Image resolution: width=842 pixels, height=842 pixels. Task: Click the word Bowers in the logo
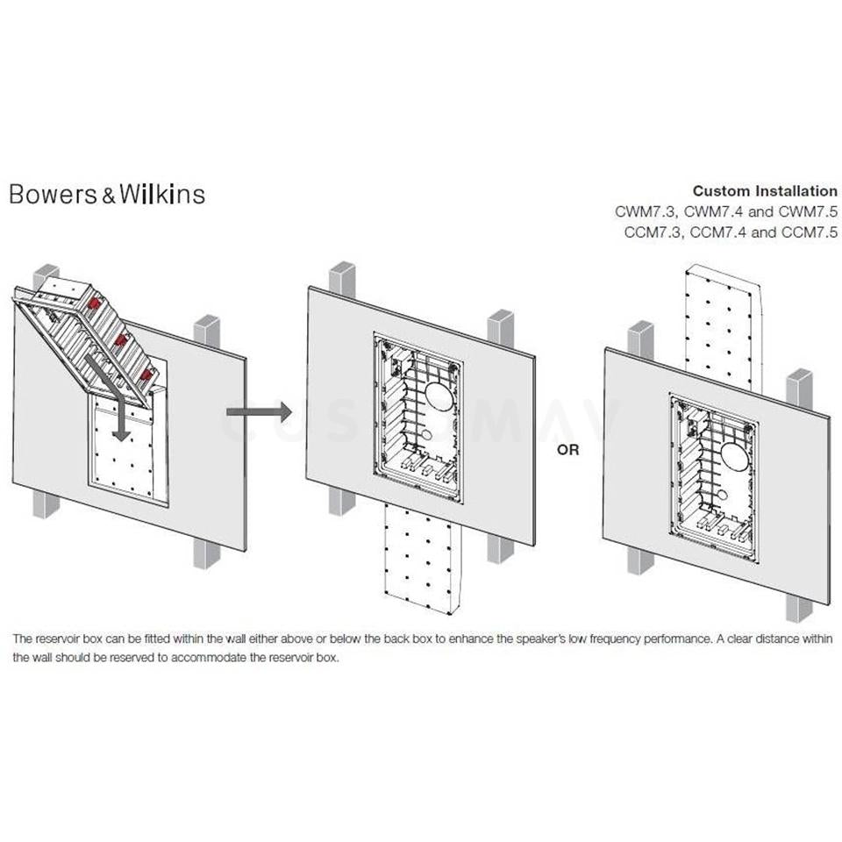point(50,194)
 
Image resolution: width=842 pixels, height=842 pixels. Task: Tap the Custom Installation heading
point(764,190)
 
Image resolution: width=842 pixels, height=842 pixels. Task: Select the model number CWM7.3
point(645,211)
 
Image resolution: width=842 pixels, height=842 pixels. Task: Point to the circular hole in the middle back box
point(439,398)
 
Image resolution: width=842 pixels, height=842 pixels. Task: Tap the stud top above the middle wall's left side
point(342,275)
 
